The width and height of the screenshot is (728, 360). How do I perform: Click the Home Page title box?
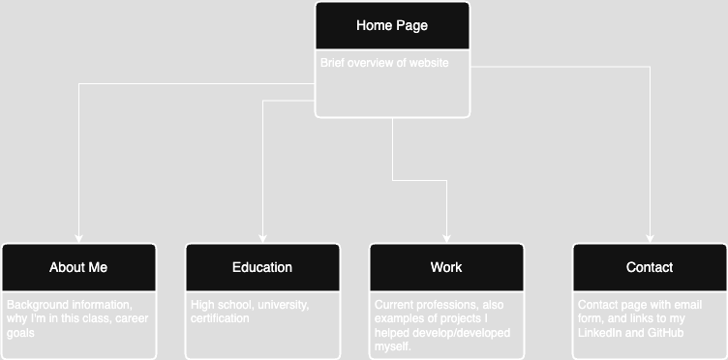[x=392, y=26]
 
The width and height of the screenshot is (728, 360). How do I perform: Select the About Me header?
[x=78, y=267]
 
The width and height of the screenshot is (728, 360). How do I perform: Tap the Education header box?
[x=262, y=267]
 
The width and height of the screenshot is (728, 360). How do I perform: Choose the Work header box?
[x=446, y=267]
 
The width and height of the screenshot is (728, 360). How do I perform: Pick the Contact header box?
[x=650, y=267]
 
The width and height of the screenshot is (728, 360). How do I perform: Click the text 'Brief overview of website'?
[x=384, y=63]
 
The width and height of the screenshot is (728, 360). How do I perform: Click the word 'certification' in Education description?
[x=220, y=318]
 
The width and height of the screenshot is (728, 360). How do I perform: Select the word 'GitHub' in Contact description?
[x=667, y=333]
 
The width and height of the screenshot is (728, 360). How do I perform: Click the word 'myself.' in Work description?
[x=392, y=346]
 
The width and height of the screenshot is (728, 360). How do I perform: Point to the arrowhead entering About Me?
[x=78, y=238]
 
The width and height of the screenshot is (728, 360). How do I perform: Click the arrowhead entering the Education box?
[x=262, y=238]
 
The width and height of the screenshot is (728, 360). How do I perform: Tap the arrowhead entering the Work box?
[x=446, y=238]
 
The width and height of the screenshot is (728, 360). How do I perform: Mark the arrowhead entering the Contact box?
[x=650, y=238]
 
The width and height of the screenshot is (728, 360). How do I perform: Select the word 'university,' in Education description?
[x=282, y=304]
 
